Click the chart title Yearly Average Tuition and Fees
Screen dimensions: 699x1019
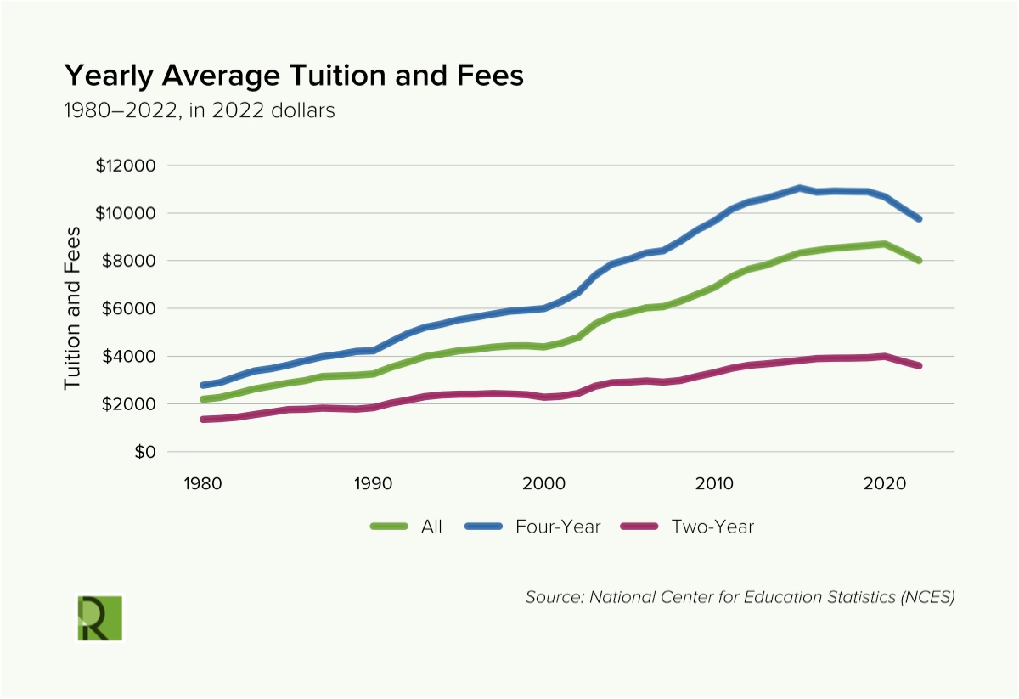coord(294,76)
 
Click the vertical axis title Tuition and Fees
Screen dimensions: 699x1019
coord(74,308)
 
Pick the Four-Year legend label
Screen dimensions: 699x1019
coord(558,527)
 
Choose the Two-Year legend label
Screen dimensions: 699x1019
coord(712,527)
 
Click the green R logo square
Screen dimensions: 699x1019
coord(100,617)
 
